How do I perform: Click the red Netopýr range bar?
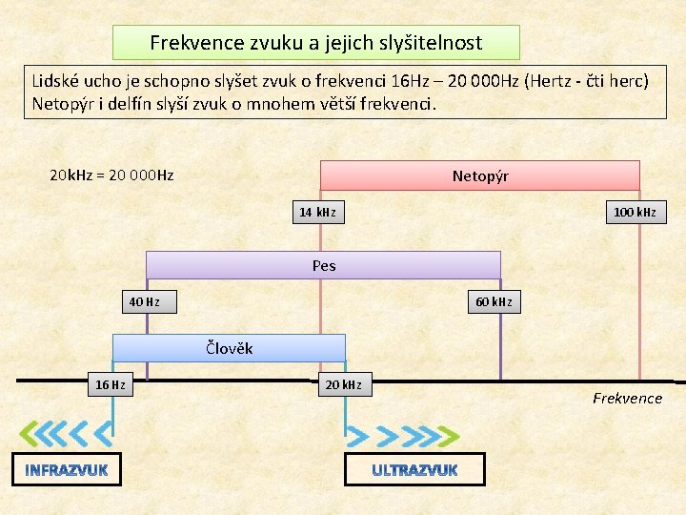point(479,176)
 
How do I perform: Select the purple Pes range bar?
point(323,265)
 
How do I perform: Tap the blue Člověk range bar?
point(229,348)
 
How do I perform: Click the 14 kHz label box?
point(317,212)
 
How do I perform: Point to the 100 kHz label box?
point(635,212)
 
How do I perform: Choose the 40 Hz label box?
point(144,302)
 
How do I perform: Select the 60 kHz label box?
point(494,302)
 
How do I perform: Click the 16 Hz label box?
point(110,385)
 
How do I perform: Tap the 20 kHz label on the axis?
point(343,385)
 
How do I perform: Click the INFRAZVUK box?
point(67,469)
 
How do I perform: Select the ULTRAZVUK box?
point(414,469)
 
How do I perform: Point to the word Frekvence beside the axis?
point(627,399)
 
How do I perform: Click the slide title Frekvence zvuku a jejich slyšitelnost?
point(316,43)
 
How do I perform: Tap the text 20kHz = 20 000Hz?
point(111,175)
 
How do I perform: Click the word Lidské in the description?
point(60,80)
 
